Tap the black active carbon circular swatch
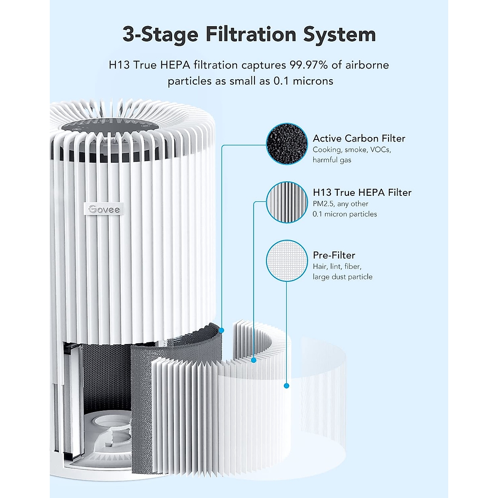pyautogui.click(x=286, y=144)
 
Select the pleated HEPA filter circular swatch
pyautogui.click(x=286, y=202)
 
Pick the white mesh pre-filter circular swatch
pyautogui.click(x=286, y=261)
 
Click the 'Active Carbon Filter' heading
pyautogui.click(x=359, y=138)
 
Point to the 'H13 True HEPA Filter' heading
pyautogui.click(x=362, y=192)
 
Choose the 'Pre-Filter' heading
pyautogui.click(x=334, y=255)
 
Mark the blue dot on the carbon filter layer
pyautogui.click(x=222, y=330)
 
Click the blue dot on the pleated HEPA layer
pyautogui.click(x=254, y=360)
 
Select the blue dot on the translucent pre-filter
pyautogui.click(x=286, y=386)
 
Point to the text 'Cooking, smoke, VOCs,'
pyautogui.click(x=352, y=149)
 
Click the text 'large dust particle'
pyautogui.click(x=342, y=277)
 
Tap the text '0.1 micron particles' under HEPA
pyautogui.click(x=344, y=214)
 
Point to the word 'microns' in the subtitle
pyautogui.click(x=313, y=81)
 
